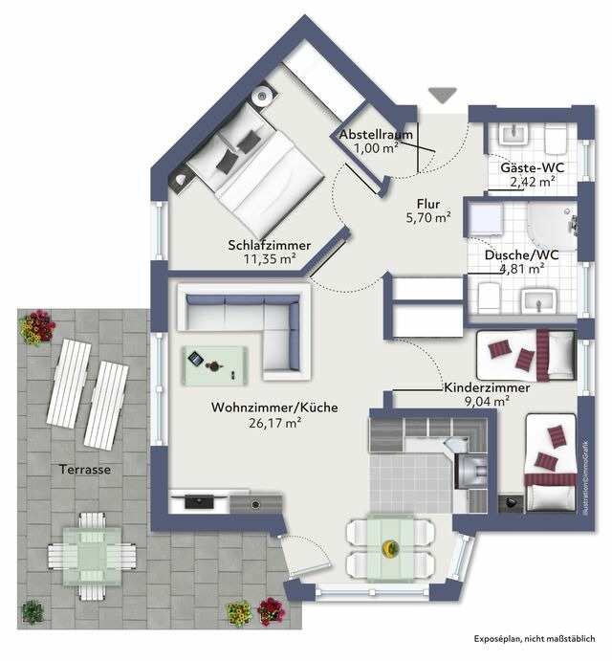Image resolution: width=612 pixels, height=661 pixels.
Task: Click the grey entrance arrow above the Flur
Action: tap(442, 94)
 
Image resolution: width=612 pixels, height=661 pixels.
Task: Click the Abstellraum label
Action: tap(376, 135)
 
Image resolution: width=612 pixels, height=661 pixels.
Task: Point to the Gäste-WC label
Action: tap(533, 167)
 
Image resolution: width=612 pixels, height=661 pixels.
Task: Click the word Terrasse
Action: tap(84, 470)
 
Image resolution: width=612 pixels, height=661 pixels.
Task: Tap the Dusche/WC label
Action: tap(522, 255)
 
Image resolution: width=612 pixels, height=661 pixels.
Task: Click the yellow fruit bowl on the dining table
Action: tap(390, 548)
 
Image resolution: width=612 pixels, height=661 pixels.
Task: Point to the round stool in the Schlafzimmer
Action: tap(262, 96)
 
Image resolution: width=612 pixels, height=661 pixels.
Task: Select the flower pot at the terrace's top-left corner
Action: tap(37, 327)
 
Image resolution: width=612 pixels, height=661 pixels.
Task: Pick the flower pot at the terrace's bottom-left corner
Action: tap(33, 611)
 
